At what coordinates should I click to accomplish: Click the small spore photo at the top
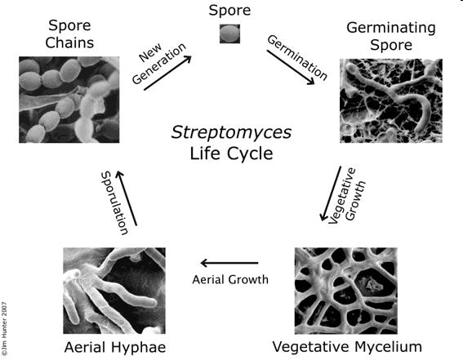pyautogui.click(x=229, y=33)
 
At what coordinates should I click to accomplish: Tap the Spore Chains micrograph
pyautogui.click(x=69, y=100)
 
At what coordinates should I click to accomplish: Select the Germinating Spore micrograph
pyautogui.click(x=391, y=100)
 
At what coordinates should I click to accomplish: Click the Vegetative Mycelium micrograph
pyautogui.click(x=345, y=291)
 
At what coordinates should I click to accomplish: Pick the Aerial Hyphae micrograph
pyautogui.click(x=114, y=291)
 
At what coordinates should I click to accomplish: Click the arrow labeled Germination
pyautogui.click(x=291, y=67)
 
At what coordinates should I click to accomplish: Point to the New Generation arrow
pyautogui.click(x=167, y=73)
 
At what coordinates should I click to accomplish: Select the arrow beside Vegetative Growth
pyautogui.click(x=331, y=193)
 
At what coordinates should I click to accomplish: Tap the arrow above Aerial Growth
pyautogui.click(x=229, y=263)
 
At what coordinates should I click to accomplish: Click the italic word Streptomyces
pyautogui.click(x=231, y=132)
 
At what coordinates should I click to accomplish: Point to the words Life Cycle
pyautogui.click(x=231, y=153)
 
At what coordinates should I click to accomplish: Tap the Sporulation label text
pyautogui.click(x=114, y=203)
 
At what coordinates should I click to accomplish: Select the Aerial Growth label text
pyautogui.click(x=230, y=279)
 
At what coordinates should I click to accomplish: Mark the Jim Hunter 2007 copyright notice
pyautogui.click(x=4, y=329)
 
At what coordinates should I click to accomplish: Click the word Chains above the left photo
pyautogui.click(x=69, y=42)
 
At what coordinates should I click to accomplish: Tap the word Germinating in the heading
pyautogui.click(x=391, y=29)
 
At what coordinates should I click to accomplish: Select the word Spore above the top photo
pyautogui.click(x=229, y=11)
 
